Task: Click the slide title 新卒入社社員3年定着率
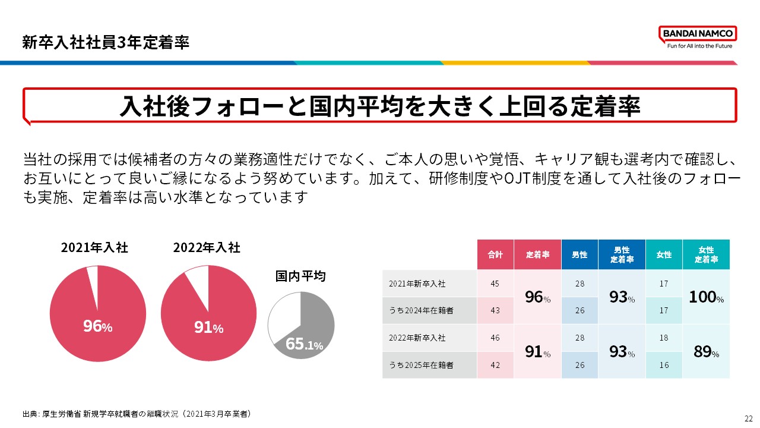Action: point(106,43)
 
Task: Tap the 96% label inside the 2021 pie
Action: point(97,326)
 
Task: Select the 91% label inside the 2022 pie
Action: point(208,327)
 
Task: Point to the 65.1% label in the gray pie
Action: point(304,344)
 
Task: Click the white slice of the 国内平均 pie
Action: point(284,319)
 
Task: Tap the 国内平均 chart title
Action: point(300,276)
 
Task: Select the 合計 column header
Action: point(495,254)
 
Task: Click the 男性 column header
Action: point(579,254)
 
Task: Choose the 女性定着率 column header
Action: point(706,254)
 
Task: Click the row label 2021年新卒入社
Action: point(417,284)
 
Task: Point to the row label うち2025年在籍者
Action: point(421,365)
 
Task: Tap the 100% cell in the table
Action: point(706,297)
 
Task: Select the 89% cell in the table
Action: point(706,352)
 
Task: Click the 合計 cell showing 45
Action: point(495,284)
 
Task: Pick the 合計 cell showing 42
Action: point(495,365)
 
